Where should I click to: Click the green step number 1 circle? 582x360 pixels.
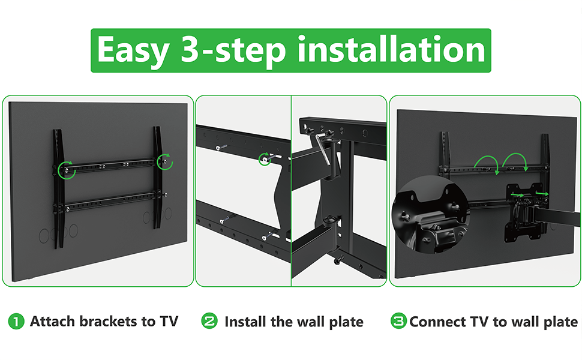(x=16, y=322)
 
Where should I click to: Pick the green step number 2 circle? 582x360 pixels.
(x=209, y=320)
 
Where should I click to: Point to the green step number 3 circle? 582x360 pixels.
(x=398, y=320)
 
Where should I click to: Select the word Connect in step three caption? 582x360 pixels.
(x=437, y=322)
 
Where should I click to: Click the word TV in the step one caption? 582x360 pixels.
(x=169, y=321)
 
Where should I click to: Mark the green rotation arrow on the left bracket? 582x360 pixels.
(x=67, y=170)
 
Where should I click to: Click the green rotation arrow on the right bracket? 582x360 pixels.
(x=165, y=162)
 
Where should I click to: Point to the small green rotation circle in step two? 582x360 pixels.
(x=264, y=159)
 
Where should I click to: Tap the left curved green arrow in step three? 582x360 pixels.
(x=486, y=158)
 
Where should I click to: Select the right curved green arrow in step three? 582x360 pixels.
(x=515, y=155)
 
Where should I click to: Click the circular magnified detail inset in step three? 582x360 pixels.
(x=431, y=214)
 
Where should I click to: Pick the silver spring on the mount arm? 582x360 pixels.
(x=322, y=151)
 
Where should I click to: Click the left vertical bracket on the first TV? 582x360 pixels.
(x=58, y=188)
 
